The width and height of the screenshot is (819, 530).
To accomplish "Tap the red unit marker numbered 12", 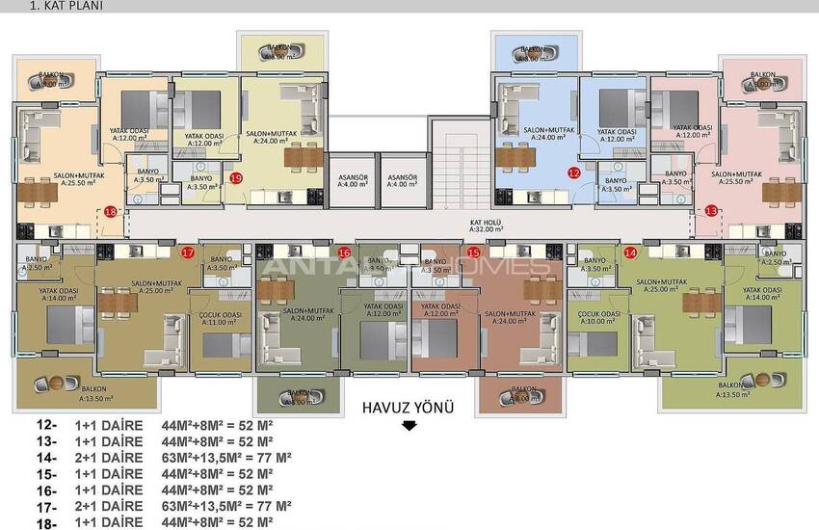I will click(573, 173).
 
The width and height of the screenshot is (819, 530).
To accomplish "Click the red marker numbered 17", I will click(188, 252).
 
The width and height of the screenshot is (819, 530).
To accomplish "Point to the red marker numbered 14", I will click(630, 252).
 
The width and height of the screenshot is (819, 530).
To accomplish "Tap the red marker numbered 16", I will click(345, 252).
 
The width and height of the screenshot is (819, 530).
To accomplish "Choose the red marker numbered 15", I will click(473, 252).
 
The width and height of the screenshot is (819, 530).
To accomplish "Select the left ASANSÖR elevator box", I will click(349, 180).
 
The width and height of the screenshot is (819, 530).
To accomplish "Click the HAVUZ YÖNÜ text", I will click(406, 407).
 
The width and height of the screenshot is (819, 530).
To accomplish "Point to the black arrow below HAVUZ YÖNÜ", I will click(409, 426).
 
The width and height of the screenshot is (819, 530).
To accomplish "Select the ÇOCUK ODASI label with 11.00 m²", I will click(220, 319).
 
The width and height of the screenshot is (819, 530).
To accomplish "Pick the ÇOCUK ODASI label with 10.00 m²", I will click(597, 319).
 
